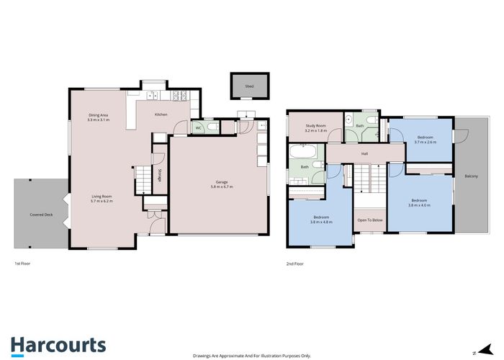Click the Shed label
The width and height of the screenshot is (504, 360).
pyautogui.click(x=249, y=86)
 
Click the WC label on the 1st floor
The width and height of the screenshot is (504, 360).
pyautogui.click(x=198, y=128)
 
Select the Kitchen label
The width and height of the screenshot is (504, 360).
pyautogui.click(x=162, y=114)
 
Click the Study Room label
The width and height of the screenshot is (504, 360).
pyautogui.click(x=315, y=126)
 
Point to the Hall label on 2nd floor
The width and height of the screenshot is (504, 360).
pyautogui.click(x=364, y=153)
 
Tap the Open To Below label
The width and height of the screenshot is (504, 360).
pyautogui.click(x=370, y=220)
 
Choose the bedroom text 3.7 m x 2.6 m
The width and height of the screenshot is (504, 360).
pyautogui.click(x=426, y=143)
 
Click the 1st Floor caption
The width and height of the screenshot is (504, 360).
pyautogui.click(x=22, y=264)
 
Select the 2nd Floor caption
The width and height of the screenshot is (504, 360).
pyautogui.click(x=295, y=264)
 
